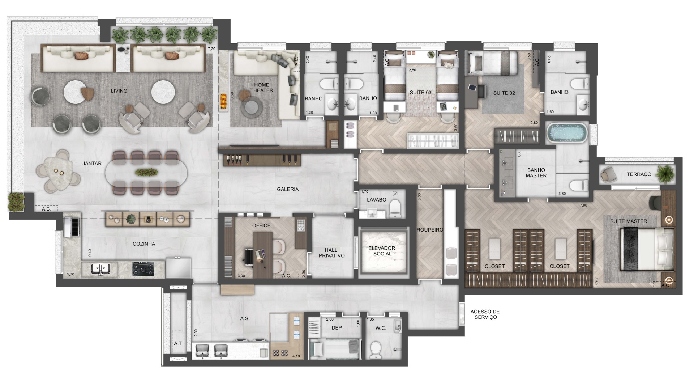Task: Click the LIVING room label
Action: [x=119, y=91]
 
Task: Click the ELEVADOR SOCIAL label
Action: [x=382, y=251]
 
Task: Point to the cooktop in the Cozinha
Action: [x=143, y=269]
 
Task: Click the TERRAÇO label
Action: [x=639, y=174]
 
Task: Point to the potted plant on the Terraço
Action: [x=665, y=174]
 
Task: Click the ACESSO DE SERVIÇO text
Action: [x=485, y=314]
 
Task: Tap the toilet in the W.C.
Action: [x=376, y=349]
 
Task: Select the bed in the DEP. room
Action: [x=335, y=349]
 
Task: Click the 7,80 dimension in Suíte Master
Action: [x=583, y=205]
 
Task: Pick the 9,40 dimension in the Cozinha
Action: [x=90, y=253]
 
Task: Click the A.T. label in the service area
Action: [x=177, y=343]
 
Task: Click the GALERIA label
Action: [x=288, y=189]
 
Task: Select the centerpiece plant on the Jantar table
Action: [x=146, y=172]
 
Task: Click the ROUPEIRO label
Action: [x=429, y=230]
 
